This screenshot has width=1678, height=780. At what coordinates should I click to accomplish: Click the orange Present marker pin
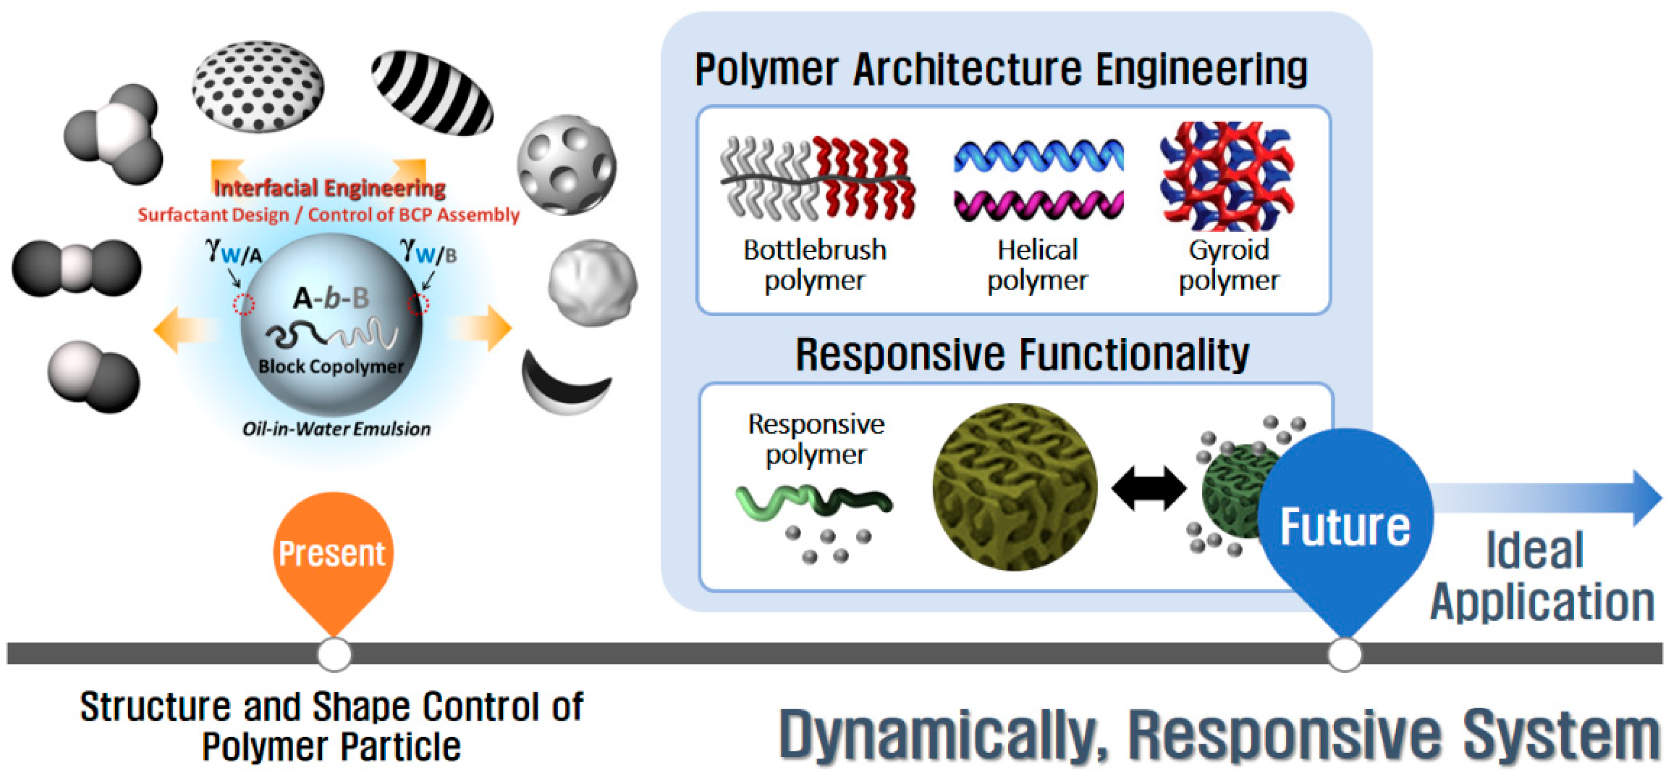(333, 554)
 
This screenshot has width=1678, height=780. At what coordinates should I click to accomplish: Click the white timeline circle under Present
(334, 654)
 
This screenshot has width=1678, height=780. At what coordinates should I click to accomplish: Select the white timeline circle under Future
(1344, 654)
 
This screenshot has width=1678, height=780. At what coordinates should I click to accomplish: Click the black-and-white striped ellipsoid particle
(432, 93)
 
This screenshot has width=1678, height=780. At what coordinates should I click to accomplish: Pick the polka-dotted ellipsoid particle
(258, 85)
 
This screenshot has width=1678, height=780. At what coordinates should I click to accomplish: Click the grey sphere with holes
(566, 165)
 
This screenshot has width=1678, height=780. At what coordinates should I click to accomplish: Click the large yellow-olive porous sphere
(1014, 487)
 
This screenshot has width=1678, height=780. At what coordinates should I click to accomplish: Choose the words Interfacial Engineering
(330, 188)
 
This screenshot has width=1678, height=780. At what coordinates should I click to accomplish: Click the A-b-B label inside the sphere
(331, 298)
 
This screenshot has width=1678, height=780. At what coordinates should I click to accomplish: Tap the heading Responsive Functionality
(1022, 355)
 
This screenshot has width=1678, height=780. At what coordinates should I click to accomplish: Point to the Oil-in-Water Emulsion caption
(336, 429)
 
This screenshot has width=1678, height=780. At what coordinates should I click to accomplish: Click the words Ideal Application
(1541, 577)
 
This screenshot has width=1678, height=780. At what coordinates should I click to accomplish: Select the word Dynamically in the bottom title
(943, 734)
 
